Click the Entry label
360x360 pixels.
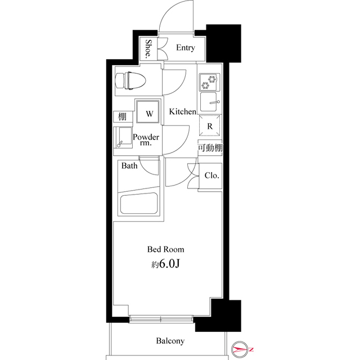tap(185, 48)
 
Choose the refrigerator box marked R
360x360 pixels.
tap(209, 127)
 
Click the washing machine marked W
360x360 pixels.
tap(149, 114)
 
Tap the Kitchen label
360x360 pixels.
tap(182, 112)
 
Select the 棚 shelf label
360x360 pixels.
tap(121, 117)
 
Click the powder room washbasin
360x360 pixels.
tap(122, 137)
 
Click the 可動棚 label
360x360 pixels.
tap(209, 148)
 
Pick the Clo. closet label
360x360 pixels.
tap(211, 175)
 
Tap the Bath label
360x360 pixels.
tap(129, 166)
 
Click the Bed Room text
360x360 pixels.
tap(165, 249)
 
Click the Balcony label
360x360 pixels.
tap(170, 341)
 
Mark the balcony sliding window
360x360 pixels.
tap(162, 320)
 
